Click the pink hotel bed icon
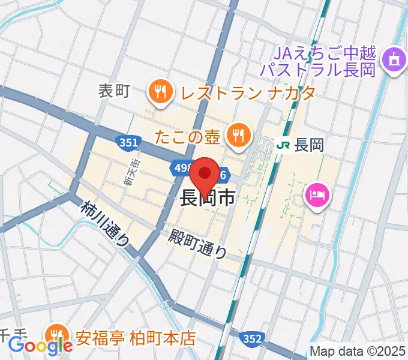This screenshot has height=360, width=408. click(x=316, y=195)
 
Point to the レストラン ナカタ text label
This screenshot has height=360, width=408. click(x=247, y=94)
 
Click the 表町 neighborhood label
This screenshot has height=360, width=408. click(x=114, y=91)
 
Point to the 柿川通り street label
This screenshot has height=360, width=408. click(x=106, y=223)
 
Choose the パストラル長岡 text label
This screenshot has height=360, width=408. click(x=318, y=69)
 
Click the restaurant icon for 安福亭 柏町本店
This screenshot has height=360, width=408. click(x=57, y=335)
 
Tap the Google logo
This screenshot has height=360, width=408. click(x=40, y=346)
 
